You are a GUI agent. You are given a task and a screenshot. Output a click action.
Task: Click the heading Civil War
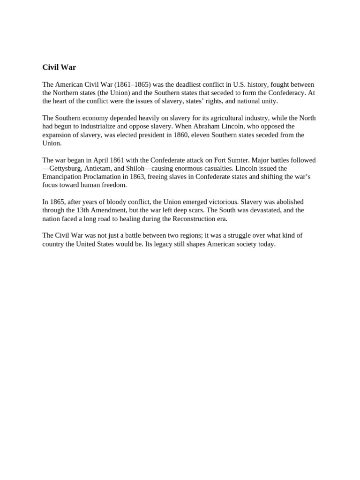(59, 67)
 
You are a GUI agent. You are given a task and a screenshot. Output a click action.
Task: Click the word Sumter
(240, 160)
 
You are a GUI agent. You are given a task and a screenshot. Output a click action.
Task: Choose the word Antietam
(98, 169)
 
